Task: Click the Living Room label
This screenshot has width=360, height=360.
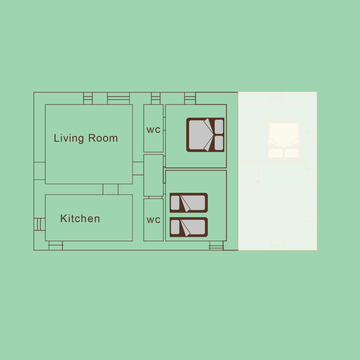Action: [x=86, y=138]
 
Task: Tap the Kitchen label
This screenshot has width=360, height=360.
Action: [x=80, y=218]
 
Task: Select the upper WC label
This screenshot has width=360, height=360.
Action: [x=153, y=130]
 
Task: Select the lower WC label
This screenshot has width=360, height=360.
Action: [x=153, y=220]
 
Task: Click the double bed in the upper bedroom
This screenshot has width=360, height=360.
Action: [x=205, y=135]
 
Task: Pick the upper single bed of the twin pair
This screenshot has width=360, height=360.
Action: [x=189, y=203]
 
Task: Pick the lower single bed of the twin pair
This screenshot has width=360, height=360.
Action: [x=189, y=227]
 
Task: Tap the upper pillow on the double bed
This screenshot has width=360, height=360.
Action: [x=219, y=127]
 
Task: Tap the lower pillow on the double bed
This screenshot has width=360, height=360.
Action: [x=219, y=143]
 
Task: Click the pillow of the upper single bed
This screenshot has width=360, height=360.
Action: [x=175, y=203]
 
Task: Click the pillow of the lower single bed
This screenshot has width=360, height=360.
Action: [x=175, y=227]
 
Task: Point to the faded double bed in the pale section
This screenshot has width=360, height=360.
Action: [x=284, y=139]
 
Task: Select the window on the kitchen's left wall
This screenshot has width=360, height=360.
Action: [x=39, y=224]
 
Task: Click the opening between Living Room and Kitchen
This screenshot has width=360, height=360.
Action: [x=110, y=189]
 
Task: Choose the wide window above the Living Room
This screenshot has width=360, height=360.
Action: [x=118, y=98]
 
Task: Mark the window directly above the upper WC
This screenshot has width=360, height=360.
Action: [x=156, y=98]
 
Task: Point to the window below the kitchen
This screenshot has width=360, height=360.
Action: [x=56, y=245]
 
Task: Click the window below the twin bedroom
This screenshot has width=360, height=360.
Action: [x=216, y=245]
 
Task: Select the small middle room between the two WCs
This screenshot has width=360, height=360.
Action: [x=153, y=175]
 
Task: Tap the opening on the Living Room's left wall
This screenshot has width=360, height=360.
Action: [x=39, y=171]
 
